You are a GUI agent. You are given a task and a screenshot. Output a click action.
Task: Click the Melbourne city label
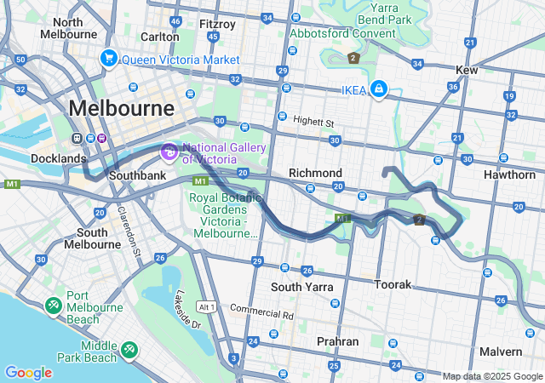pyautogui.click(x=121, y=109)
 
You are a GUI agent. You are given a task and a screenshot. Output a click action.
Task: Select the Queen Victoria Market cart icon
pyautogui.click(x=108, y=59)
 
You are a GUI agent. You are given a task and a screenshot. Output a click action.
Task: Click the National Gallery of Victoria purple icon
pyautogui.click(x=169, y=152)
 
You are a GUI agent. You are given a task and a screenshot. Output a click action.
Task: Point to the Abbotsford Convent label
pyautogui.click(x=342, y=33)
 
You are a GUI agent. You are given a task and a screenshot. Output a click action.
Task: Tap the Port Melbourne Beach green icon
pyautogui.click(x=53, y=304)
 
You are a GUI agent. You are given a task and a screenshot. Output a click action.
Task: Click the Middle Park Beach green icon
pyautogui.click(x=129, y=348)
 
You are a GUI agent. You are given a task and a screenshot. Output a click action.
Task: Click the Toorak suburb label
pyautogui.click(x=393, y=283)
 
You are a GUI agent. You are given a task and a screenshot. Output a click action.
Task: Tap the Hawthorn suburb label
pyautogui.click(x=508, y=174)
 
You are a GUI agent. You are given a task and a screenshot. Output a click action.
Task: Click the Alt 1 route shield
pyautogui.click(x=207, y=306)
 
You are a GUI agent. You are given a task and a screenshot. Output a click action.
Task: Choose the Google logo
pyautogui.click(x=28, y=373)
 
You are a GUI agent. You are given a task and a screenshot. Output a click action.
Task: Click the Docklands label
pyautogui.click(x=59, y=158)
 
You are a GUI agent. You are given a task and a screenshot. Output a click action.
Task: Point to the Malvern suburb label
pyautogui.click(x=500, y=352)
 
